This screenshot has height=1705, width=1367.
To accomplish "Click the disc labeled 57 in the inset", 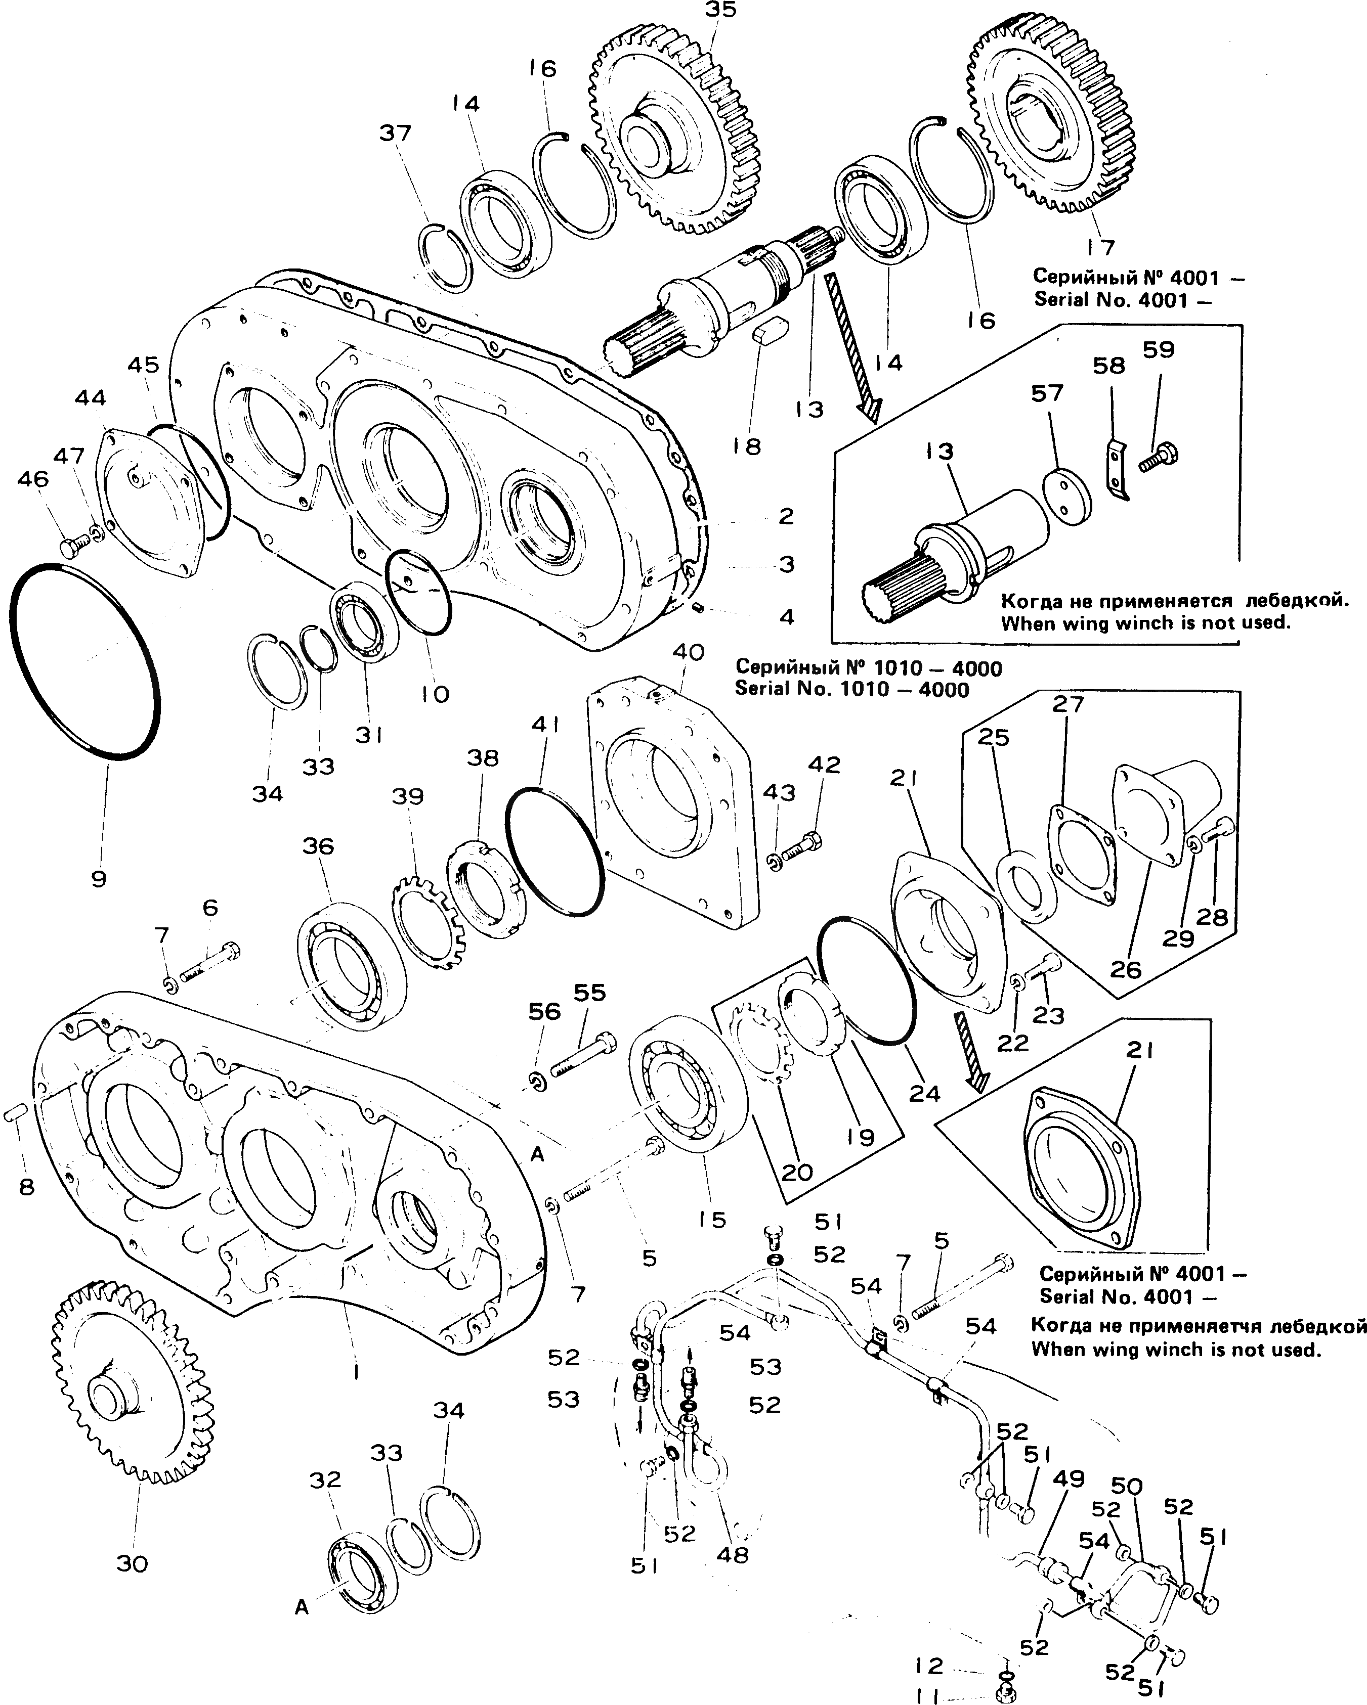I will pos(1068,498).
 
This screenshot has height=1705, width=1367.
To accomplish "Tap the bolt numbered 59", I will pos(1159,457).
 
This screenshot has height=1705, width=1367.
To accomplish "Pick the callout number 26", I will pos(1126,969).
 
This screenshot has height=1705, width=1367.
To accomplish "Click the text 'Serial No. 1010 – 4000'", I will pos(852,690).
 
